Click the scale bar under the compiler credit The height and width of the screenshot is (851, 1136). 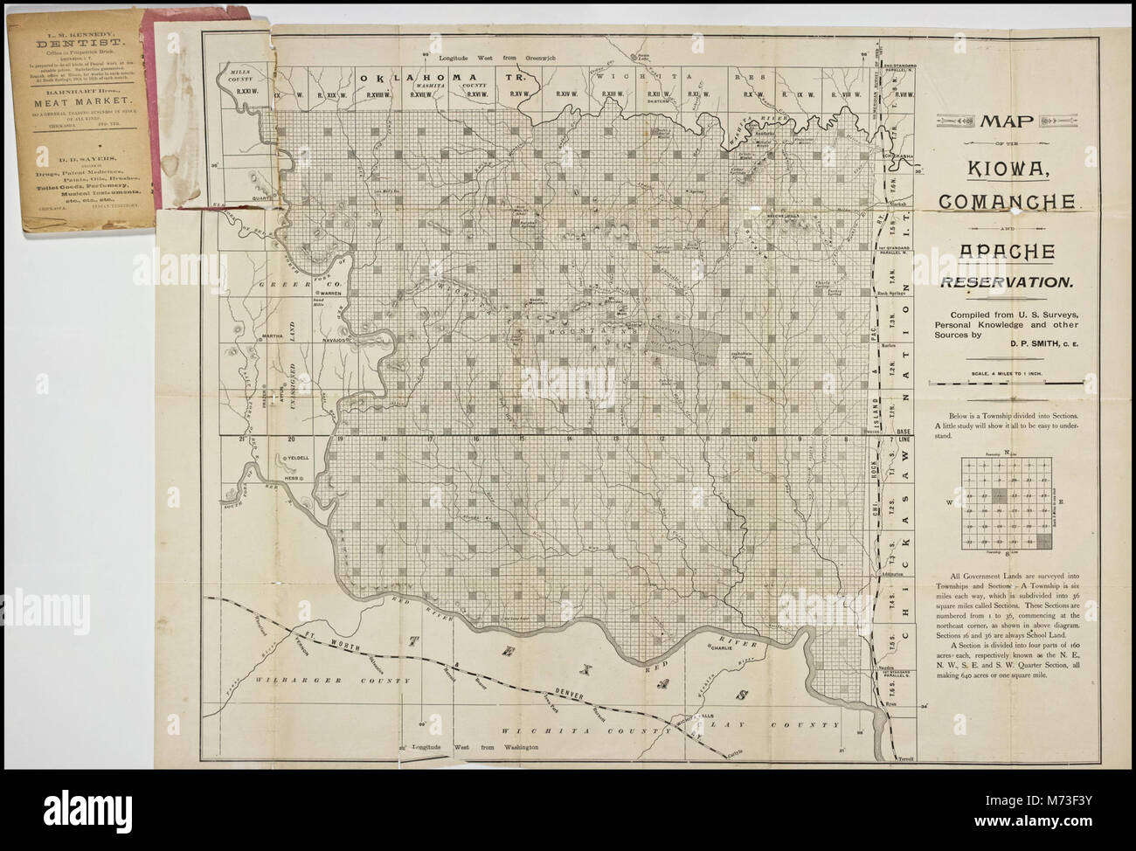1006,384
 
